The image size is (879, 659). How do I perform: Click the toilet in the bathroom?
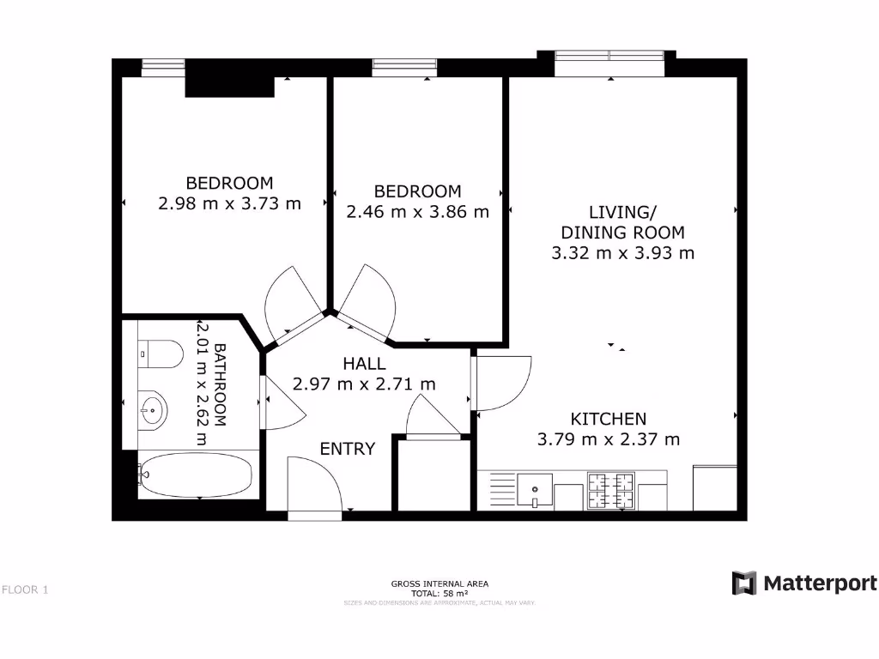pyautogui.click(x=161, y=354)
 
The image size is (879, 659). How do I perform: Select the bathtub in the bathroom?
pyautogui.click(x=197, y=475)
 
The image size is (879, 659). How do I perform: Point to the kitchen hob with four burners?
pyautogui.click(x=610, y=491)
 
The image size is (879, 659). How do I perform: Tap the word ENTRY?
pyautogui.click(x=347, y=449)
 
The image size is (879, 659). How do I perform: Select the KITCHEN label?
pyautogui.click(x=609, y=419)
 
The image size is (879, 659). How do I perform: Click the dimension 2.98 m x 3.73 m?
pyautogui.click(x=229, y=203)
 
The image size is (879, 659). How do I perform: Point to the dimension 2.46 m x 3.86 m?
pyautogui.click(x=417, y=211)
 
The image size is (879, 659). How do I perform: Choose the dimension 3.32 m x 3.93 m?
pyautogui.click(x=622, y=253)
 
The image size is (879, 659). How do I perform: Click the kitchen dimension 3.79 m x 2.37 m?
pyautogui.click(x=609, y=439)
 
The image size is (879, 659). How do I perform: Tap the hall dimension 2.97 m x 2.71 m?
pyautogui.click(x=364, y=384)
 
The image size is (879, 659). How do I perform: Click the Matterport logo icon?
pyautogui.click(x=743, y=583)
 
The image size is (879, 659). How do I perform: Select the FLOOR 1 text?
pyautogui.click(x=25, y=589)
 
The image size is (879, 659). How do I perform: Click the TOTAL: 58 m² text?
pyautogui.click(x=439, y=593)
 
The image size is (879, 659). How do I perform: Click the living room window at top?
pyautogui.click(x=609, y=56)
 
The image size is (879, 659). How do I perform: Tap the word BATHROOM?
pyautogui.click(x=220, y=385)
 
